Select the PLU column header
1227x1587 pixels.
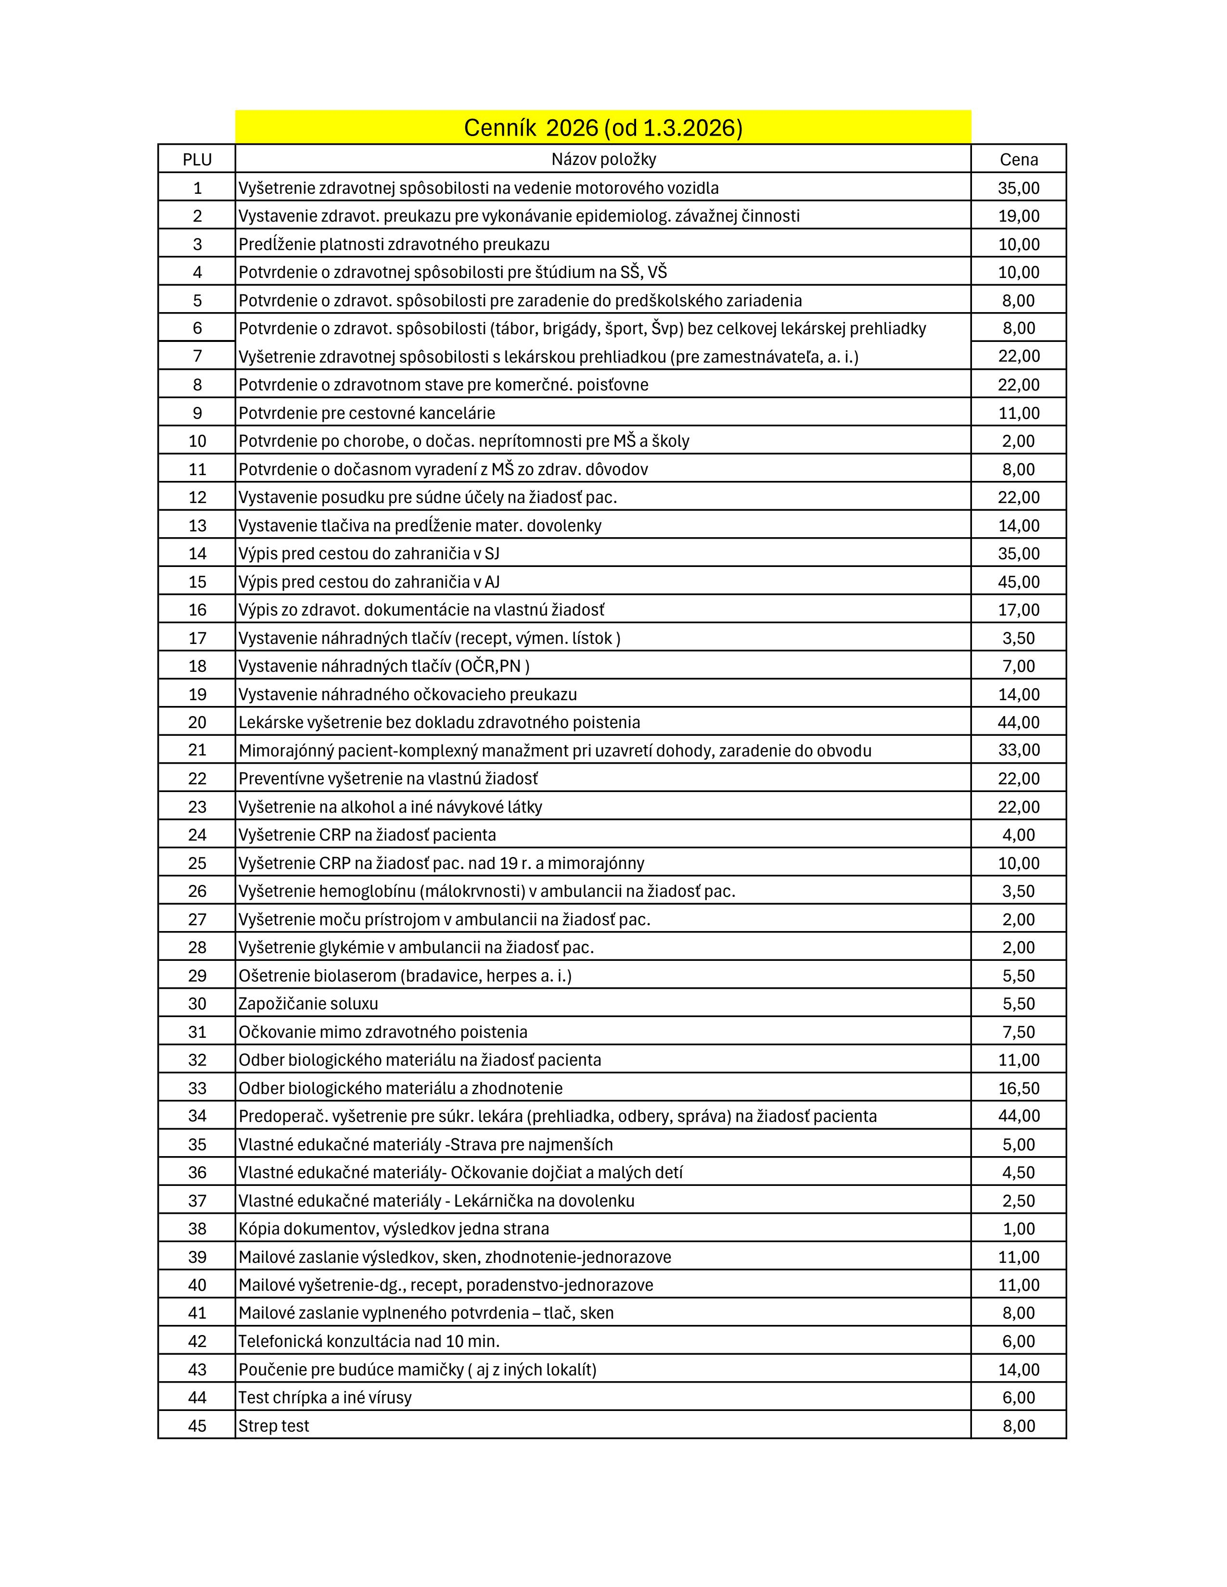pos(197,159)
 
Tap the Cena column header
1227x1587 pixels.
pos(1018,159)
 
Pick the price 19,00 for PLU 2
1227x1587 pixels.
pos(1018,216)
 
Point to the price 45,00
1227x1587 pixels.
pos(1018,582)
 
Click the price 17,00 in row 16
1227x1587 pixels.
pos(1018,610)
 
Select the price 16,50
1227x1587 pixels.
pos(1018,1088)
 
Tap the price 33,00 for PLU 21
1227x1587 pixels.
pos(1018,750)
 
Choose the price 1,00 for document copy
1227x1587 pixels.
pos(1018,1229)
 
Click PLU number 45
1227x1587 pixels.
pos(197,1426)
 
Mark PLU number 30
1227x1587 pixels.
pos(197,1004)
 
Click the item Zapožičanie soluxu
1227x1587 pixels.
pos(308,1004)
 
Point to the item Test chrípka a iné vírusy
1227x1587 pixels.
pos(325,1398)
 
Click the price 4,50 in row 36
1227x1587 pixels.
pos(1018,1172)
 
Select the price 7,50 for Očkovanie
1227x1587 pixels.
pos(1018,1032)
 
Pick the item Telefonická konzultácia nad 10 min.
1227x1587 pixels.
pos(369,1341)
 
